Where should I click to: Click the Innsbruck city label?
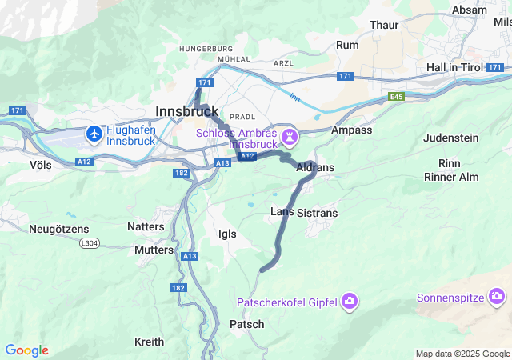(x=187, y=112)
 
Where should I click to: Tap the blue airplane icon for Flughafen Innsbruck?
(x=95, y=134)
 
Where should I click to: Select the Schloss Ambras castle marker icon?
(x=290, y=138)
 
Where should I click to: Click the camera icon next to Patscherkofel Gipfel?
(x=349, y=302)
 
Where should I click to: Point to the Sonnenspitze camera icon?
(x=498, y=298)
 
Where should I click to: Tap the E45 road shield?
(x=397, y=96)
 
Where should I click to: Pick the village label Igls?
(x=227, y=234)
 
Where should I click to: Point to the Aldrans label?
(x=315, y=168)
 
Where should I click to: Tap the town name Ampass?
(x=351, y=130)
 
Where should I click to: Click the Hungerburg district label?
(x=205, y=49)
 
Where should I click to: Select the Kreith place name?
(x=150, y=342)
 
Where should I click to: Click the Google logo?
(x=26, y=350)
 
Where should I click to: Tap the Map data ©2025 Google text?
(x=462, y=354)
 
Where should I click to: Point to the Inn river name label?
(x=294, y=98)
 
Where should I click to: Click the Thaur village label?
(x=384, y=25)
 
